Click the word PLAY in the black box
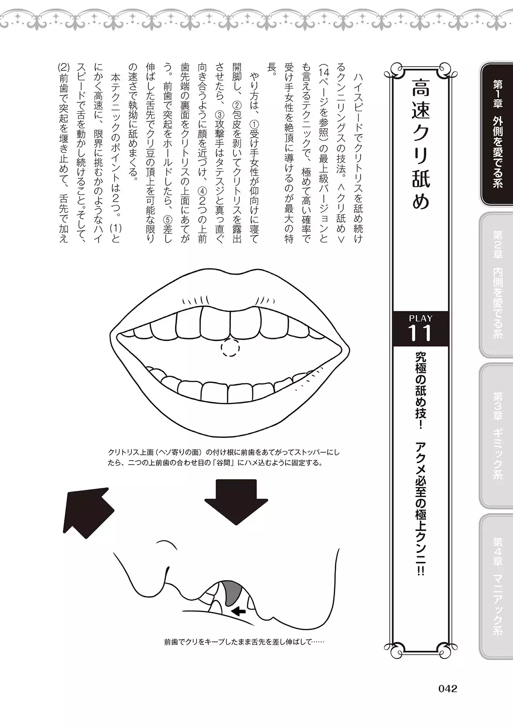420,318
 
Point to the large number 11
420,334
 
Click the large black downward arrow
236,502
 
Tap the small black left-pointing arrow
239,612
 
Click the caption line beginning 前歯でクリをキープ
245,642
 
